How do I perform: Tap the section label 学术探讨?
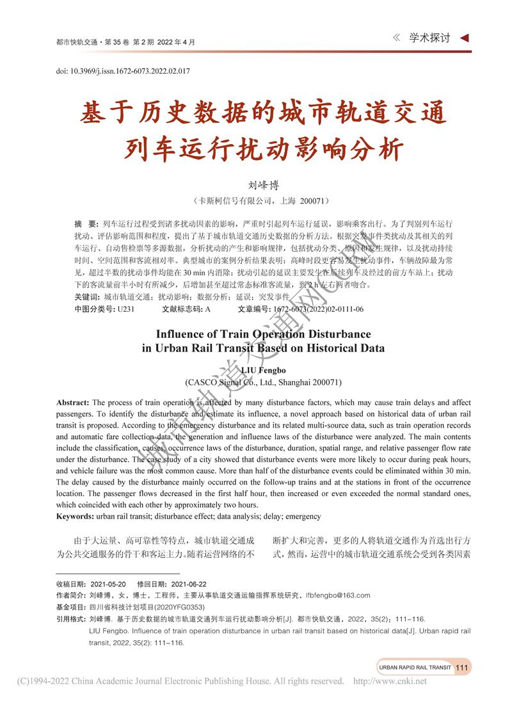(429, 38)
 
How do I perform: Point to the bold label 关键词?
(86, 297)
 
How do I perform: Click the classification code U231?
(125, 309)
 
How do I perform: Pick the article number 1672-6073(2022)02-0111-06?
(318, 309)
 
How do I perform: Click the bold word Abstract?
(73, 403)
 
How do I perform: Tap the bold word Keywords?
(76, 516)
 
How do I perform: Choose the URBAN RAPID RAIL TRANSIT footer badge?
(415, 667)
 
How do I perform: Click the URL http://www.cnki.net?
(390, 681)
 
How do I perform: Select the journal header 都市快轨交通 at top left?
(77, 42)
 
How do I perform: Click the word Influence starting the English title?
(181, 334)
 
